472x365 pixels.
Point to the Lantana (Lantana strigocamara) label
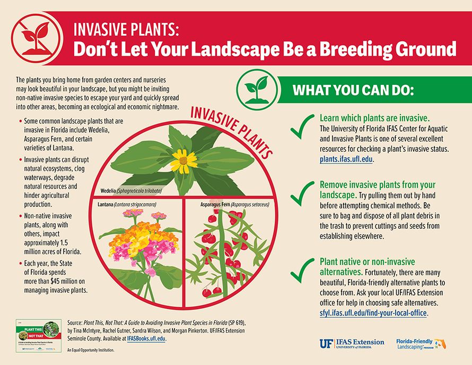click(130, 204)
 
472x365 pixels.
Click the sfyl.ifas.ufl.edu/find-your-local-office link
click(373, 313)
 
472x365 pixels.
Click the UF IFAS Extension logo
click(352, 343)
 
